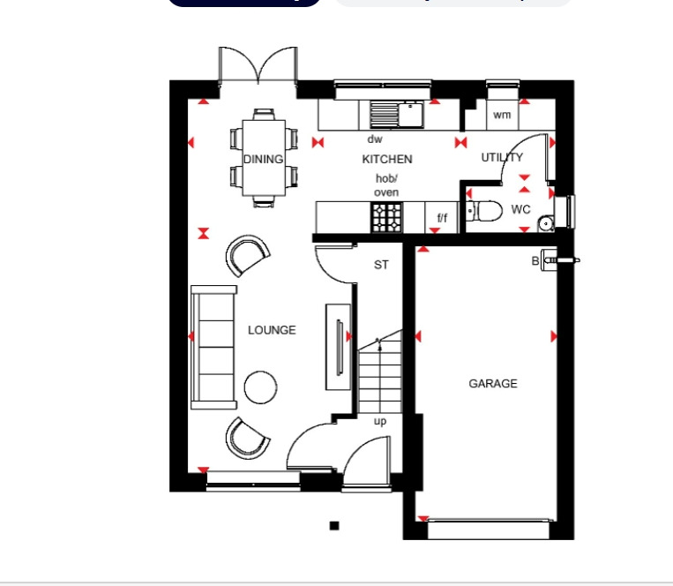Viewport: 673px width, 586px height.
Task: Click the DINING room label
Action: pyautogui.click(x=263, y=160)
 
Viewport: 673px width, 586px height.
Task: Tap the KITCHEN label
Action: pyautogui.click(x=387, y=160)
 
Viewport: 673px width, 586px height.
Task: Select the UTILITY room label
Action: pyautogui.click(x=502, y=158)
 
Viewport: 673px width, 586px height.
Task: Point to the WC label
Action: pyautogui.click(x=521, y=210)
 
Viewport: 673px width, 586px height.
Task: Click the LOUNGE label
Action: pyautogui.click(x=272, y=330)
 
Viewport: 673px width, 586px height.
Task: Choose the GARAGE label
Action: pyautogui.click(x=493, y=384)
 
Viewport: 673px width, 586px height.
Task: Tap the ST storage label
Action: pyautogui.click(x=381, y=265)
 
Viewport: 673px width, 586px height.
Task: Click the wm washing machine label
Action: pyautogui.click(x=502, y=116)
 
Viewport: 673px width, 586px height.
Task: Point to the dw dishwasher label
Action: pyautogui.click(x=375, y=139)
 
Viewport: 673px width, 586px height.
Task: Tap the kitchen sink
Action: pyautogui.click(x=397, y=113)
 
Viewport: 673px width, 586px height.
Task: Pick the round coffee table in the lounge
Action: pyautogui.click(x=261, y=387)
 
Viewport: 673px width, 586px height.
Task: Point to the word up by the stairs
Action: pyautogui.click(x=380, y=421)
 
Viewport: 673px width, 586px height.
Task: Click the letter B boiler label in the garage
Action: pyautogui.click(x=535, y=260)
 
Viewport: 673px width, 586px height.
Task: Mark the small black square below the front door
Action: pyautogui.click(x=334, y=526)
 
